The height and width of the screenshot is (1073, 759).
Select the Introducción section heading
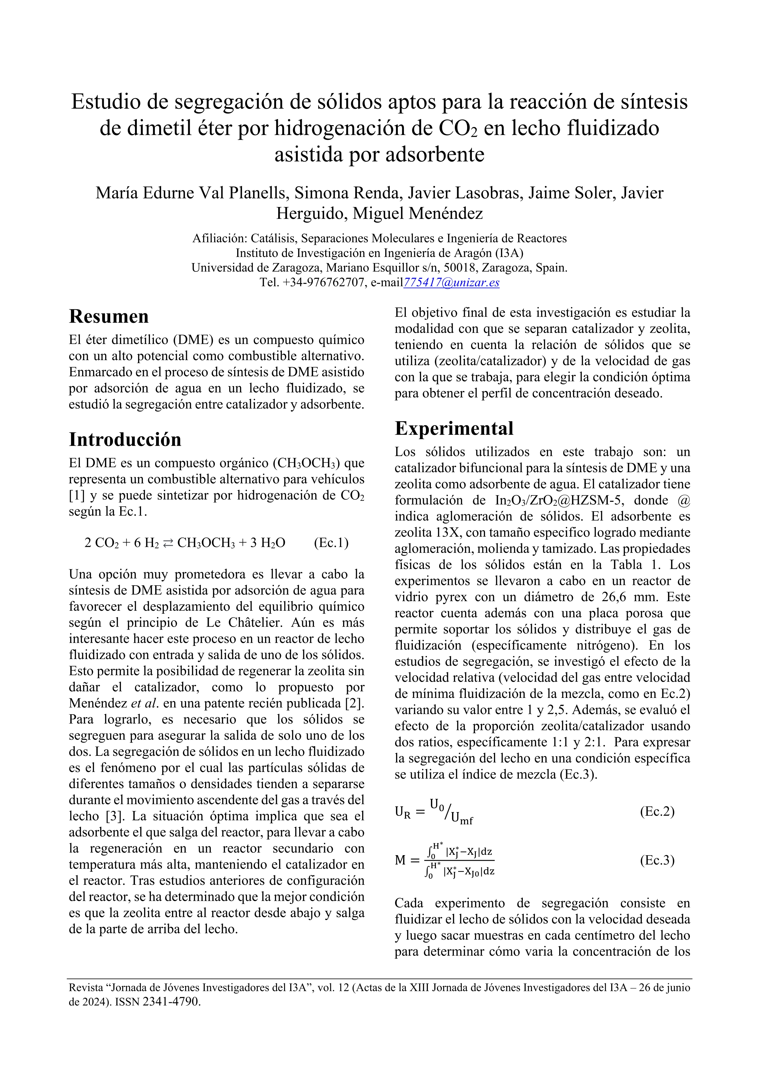(125, 440)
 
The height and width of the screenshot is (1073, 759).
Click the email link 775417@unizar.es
(451, 283)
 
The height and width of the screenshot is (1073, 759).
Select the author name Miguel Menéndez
(417, 213)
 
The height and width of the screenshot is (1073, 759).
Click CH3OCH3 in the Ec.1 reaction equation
(206, 543)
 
